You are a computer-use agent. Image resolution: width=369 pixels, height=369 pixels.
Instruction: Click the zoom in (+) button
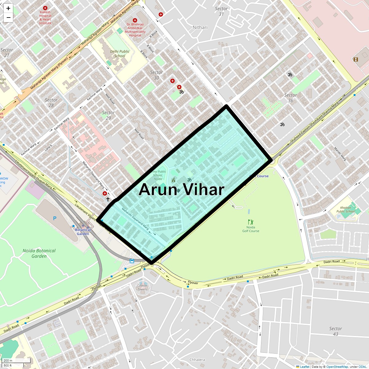[8, 8]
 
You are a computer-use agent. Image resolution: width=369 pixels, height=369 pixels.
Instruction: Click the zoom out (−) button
[8, 18]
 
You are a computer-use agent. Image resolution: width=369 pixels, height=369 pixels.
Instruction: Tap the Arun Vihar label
[181, 189]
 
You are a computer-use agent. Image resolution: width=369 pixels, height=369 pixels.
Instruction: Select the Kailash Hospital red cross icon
[45, 8]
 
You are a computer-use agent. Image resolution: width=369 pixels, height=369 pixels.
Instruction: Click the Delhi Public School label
[120, 54]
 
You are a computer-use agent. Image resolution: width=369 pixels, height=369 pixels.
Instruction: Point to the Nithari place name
[200, 27]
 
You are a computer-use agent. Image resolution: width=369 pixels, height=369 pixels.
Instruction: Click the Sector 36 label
[290, 98]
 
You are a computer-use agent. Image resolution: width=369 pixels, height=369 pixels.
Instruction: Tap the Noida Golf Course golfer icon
[251, 222]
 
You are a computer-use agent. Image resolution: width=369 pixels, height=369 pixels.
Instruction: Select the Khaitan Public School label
[345, 209]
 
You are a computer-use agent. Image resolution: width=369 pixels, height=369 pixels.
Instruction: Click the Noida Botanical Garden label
[39, 253]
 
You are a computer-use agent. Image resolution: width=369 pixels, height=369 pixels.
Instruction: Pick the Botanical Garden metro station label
[83, 232]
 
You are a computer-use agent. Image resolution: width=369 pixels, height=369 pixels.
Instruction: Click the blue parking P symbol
[55, 218]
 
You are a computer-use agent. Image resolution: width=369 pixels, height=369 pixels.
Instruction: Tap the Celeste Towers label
[142, 287]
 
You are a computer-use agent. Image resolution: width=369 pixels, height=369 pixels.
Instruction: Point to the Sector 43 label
[335, 331]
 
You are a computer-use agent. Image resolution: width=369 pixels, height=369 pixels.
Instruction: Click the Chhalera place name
[197, 359]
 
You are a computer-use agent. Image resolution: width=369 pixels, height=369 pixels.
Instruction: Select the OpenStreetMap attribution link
[337, 367]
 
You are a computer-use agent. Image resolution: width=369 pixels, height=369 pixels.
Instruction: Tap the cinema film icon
[356, 59]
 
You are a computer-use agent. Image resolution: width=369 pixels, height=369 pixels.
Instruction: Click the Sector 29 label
[108, 115]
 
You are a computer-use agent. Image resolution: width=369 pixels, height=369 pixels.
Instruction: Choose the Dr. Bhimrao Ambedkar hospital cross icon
[135, 20]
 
